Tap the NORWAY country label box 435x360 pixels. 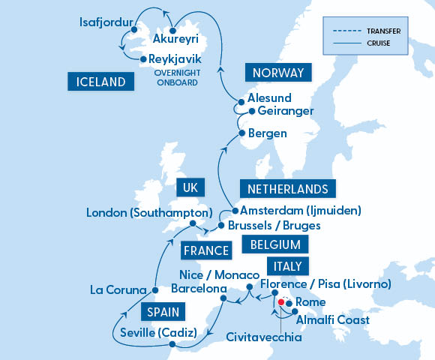(x=277, y=73)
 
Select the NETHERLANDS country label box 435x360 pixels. (x=287, y=187)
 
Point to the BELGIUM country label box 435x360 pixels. (x=275, y=244)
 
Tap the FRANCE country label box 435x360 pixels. (x=204, y=250)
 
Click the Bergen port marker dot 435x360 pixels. (x=241, y=133)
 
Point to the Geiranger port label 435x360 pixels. (x=285, y=111)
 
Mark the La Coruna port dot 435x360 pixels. (x=154, y=289)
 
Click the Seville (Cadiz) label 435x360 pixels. (x=158, y=332)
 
